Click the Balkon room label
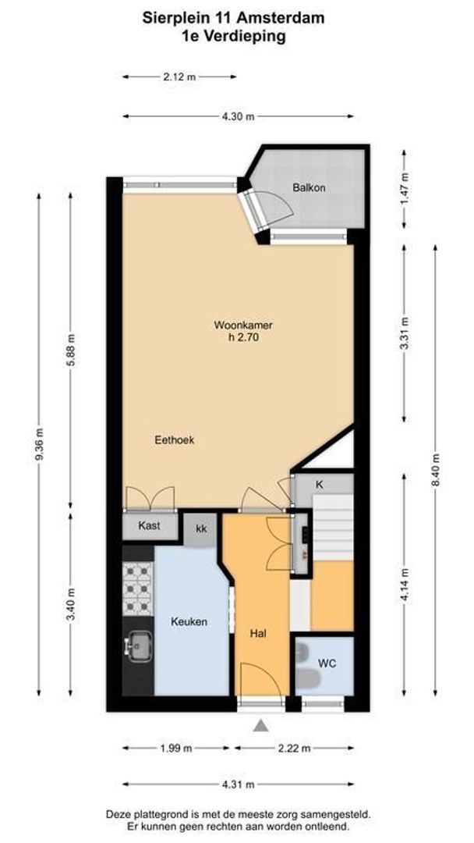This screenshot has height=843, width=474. click(x=309, y=187)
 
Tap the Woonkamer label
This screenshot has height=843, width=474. click(x=243, y=325)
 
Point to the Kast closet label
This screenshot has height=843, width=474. click(x=149, y=526)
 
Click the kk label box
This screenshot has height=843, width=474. click(x=201, y=529)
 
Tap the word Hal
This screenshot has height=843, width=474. click(x=258, y=634)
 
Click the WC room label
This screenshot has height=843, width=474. click(x=327, y=663)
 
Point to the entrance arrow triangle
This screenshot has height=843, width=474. click(x=261, y=726)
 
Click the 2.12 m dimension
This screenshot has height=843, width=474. click(x=179, y=76)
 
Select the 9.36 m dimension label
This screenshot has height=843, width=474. click(x=39, y=444)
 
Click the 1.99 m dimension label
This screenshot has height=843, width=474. click(x=176, y=748)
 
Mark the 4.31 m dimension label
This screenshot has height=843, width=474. click(x=238, y=784)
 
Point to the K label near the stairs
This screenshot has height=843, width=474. click(x=319, y=485)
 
